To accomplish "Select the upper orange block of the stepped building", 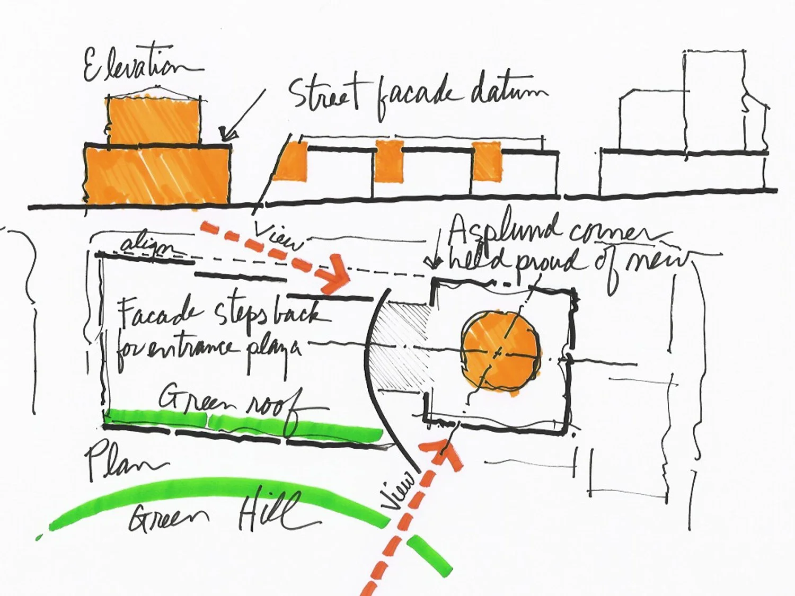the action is [x=154, y=120].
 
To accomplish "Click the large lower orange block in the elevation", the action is [x=157, y=175].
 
